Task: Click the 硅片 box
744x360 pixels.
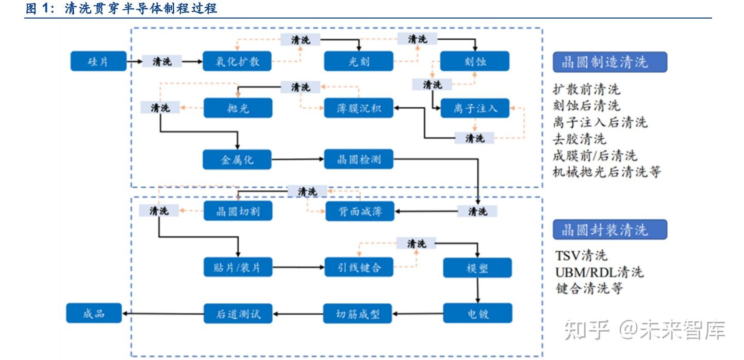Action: point(98,61)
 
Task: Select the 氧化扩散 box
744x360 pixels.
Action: point(237,61)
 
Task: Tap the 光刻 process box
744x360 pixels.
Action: point(358,61)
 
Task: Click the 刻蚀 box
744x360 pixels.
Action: point(474,61)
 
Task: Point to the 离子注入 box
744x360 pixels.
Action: point(475,108)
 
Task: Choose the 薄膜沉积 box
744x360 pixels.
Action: point(358,108)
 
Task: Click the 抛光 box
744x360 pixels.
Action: point(237,108)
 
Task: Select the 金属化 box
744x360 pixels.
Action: point(237,159)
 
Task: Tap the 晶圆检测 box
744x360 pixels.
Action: point(358,159)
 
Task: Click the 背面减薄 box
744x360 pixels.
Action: point(359,211)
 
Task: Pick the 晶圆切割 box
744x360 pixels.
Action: point(237,211)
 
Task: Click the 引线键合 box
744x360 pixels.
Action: point(359,268)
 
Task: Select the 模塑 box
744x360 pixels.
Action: point(477,268)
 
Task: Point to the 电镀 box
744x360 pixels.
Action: point(477,313)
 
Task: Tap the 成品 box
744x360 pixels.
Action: point(94,313)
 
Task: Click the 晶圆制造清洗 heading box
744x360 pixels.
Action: point(609,62)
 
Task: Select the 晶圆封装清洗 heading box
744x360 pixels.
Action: point(609,230)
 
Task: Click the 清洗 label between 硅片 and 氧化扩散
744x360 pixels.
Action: point(162,61)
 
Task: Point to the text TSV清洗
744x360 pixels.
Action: point(581,255)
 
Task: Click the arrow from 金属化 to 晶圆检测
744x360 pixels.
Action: point(297,159)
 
